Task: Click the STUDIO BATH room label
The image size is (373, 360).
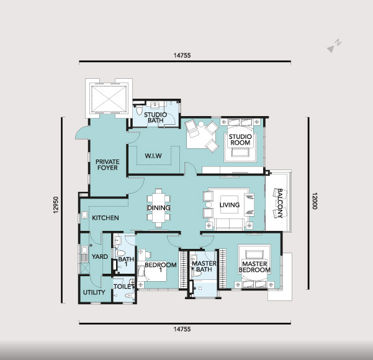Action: click(x=156, y=117)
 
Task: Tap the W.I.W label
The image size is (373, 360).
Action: click(x=153, y=156)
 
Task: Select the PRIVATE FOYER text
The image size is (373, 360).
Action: click(x=107, y=164)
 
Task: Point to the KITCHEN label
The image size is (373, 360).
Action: click(x=106, y=218)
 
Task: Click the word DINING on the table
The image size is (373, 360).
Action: click(x=159, y=208)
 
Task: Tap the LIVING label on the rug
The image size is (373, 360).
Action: click(x=230, y=205)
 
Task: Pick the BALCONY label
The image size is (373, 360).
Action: click(x=280, y=203)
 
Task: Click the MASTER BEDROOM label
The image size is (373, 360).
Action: click(x=254, y=267)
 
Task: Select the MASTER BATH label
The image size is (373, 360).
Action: click(x=204, y=266)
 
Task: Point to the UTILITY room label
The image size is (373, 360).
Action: click(x=94, y=292)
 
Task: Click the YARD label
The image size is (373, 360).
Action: click(x=100, y=256)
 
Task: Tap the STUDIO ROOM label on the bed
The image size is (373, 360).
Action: click(x=240, y=140)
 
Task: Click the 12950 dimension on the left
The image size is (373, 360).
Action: click(x=56, y=205)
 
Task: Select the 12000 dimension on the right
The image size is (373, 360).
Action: click(x=315, y=201)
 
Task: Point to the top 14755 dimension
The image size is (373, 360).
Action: click(x=182, y=55)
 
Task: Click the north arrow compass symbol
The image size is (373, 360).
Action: click(x=335, y=46)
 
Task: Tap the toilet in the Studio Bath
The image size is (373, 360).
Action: click(x=139, y=110)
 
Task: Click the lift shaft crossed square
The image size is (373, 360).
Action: click(x=109, y=99)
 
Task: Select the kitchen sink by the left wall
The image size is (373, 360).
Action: click(x=84, y=215)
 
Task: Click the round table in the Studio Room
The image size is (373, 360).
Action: click(x=201, y=124)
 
